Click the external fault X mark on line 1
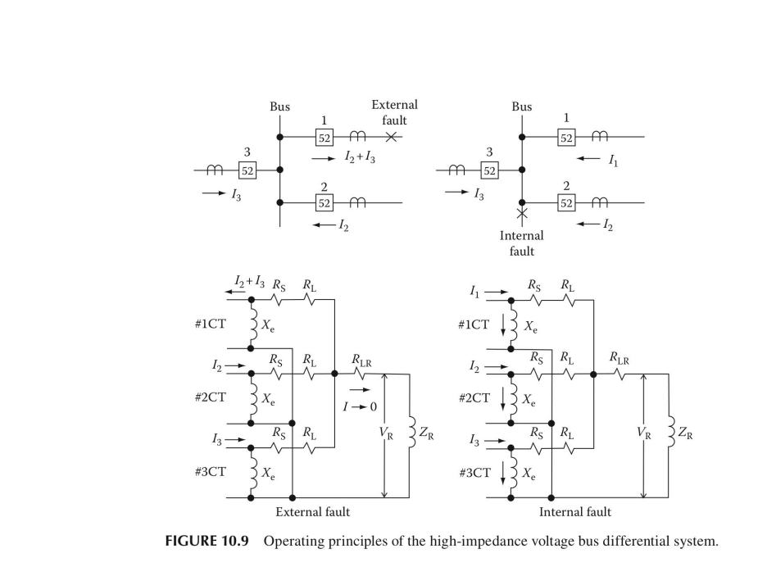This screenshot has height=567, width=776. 392,137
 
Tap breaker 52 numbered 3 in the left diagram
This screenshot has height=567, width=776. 247,170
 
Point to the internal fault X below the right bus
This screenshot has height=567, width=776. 522,215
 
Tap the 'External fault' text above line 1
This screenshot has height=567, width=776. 394,112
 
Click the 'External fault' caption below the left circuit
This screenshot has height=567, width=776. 312,512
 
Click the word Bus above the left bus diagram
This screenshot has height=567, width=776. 279,107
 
